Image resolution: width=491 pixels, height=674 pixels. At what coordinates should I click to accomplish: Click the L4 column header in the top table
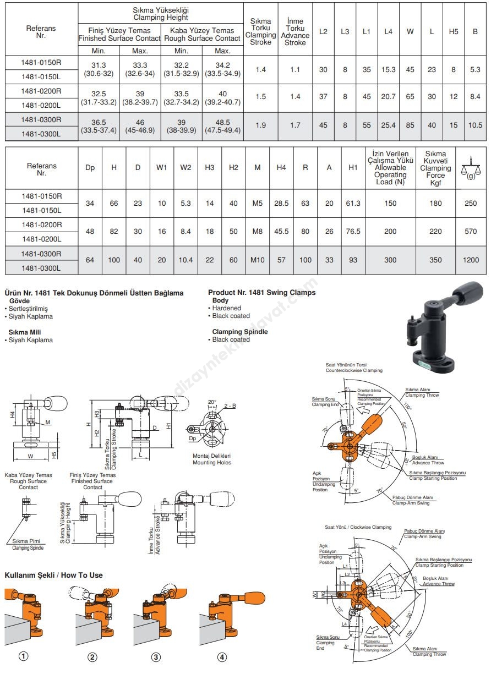point(388,31)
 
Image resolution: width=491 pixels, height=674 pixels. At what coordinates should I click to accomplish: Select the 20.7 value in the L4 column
point(388,96)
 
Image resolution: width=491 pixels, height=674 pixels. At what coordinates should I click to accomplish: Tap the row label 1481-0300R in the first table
point(41,119)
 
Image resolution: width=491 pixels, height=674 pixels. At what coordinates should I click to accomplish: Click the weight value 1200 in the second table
point(471,260)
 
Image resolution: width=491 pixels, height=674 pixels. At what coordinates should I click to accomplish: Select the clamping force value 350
point(435,260)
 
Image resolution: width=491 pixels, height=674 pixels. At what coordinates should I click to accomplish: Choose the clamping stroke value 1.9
point(261,125)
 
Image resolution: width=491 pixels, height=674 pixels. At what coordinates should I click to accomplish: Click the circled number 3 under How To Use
point(156,656)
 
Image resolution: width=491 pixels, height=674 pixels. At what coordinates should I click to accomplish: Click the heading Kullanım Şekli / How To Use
point(53,575)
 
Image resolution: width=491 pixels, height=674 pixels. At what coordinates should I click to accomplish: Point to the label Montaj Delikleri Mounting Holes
point(211,459)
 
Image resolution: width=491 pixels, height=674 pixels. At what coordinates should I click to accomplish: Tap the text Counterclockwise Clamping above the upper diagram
point(353,371)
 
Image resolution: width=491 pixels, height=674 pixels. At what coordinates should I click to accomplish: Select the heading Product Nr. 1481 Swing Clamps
point(261,293)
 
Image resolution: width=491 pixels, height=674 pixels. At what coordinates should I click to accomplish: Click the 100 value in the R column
point(305,260)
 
